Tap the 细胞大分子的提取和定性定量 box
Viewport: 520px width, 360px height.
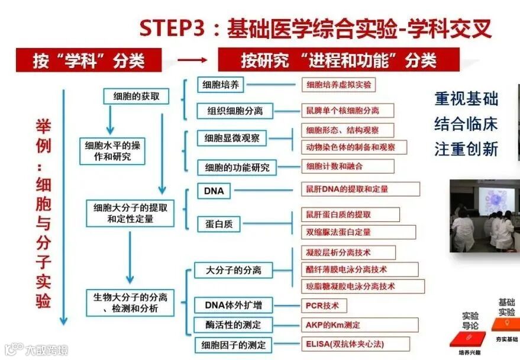131,213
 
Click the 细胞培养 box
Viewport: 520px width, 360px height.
221,85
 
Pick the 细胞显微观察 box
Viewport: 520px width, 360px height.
231,138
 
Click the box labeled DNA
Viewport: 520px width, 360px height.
214,191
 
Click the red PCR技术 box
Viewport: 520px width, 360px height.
323,306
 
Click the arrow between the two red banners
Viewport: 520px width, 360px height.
192,60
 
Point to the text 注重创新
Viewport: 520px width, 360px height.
466,149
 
